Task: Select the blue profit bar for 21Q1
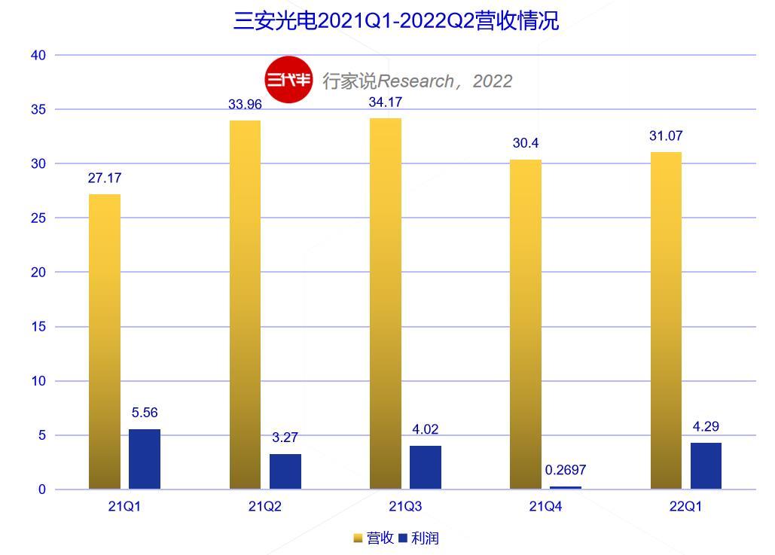click(x=145, y=459)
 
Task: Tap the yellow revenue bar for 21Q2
click(x=245, y=304)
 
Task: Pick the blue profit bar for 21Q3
click(x=426, y=467)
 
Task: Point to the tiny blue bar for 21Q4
click(x=566, y=487)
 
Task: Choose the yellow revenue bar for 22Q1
click(x=666, y=320)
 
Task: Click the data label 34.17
click(x=385, y=102)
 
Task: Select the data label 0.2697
click(x=565, y=470)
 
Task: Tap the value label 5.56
click(x=145, y=413)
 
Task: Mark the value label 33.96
click(x=245, y=104)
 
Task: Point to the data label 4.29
click(x=705, y=426)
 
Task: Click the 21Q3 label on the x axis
click(x=405, y=507)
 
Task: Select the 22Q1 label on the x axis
click(x=685, y=507)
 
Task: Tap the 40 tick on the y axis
click(x=38, y=55)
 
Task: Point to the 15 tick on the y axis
click(x=38, y=327)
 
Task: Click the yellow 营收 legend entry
click(x=374, y=538)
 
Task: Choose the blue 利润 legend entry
click(x=419, y=538)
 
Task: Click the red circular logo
click(x=288, y=79)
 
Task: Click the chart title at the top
click(x=396, y=20)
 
